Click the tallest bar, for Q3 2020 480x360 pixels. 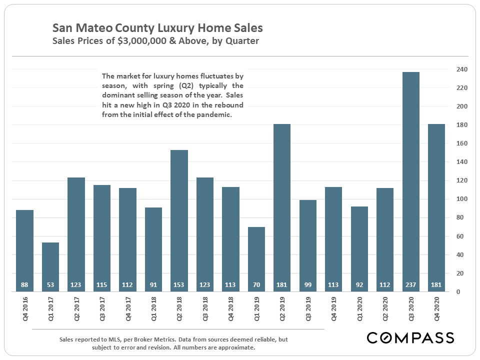pos(410,180)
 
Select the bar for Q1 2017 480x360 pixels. pos(50,265)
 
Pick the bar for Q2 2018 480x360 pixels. pos(179,220)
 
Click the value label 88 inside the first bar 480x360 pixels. pos(24,285)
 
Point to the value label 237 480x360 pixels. pos(410,285)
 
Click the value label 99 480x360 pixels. pos(307,285)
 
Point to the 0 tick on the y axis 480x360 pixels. pos(458,291)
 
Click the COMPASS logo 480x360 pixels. pos(410,338)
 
